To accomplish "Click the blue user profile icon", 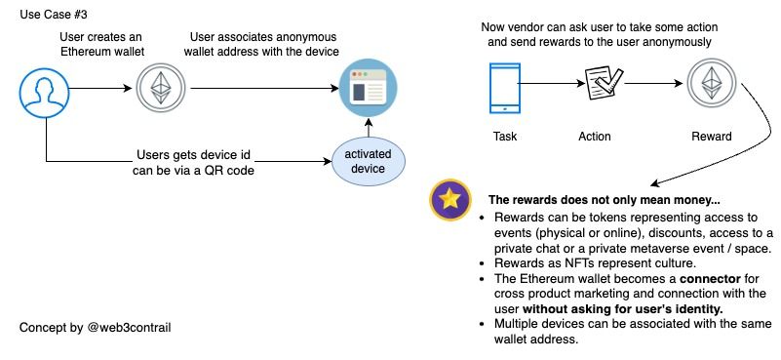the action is tap(44, 93).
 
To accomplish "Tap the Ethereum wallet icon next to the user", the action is tap(161, 87).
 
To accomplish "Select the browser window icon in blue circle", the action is tap(368, 87).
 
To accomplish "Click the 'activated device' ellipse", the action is tap(369, 161).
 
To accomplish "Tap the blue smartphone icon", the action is tap(504, 88).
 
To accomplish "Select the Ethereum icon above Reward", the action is tap(711, 82).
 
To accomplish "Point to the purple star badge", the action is tap(450, 199).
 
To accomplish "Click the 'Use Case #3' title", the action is tap(54, 15).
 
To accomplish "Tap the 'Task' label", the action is tap(504, 137).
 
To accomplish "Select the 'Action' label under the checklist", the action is tap(594, 137).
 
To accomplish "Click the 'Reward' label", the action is tap(711, 137).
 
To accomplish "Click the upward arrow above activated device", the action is tap(369, 127).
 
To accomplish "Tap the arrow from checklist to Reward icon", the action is tap(653, 84).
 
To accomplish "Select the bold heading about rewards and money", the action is tap(605, 200).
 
